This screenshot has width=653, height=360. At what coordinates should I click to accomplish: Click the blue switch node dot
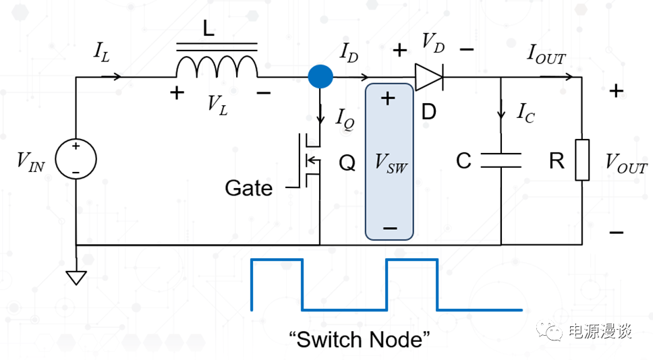(320, 76)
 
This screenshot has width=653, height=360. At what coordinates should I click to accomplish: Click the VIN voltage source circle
(76, 160)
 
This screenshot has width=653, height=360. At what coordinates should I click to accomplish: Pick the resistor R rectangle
(581, 160)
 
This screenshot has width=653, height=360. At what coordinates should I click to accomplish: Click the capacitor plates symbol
(501, 160)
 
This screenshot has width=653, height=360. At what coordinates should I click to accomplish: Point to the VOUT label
(625, 163)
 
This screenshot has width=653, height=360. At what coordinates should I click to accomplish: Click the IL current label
(101, 51)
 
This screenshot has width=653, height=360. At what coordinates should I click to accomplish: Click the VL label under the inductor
(217, 104)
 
